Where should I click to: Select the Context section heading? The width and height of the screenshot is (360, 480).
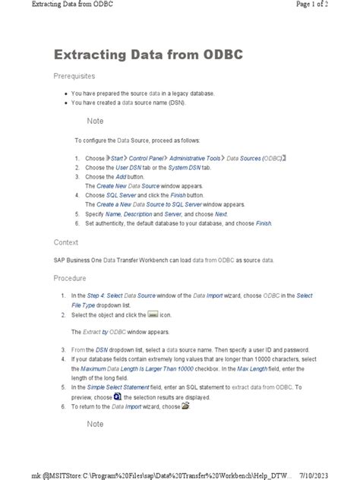[65, 242]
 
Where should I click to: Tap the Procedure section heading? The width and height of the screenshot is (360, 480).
[70, 278]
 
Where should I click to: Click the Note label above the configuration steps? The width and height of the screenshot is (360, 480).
[95, 122]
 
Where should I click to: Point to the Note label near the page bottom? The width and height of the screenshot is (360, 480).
[95, 424]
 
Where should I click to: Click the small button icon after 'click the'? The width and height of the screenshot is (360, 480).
[152, 314]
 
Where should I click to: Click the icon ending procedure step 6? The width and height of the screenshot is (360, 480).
[185, 406]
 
